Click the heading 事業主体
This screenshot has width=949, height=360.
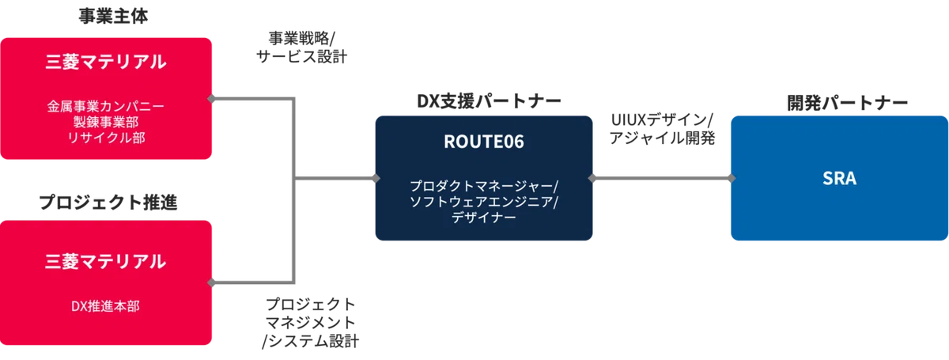point(113,16)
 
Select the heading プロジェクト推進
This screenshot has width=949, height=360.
point(108,203)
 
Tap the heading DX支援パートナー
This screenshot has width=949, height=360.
point(489,101)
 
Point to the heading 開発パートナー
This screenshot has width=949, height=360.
point(847,103)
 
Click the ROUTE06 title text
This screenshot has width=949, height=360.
point(484,142)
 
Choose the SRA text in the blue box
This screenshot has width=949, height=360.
point(839,178)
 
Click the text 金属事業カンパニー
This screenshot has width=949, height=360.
point(105,106)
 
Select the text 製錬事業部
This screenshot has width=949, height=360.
point(106,122)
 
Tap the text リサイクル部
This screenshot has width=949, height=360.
point(106,138)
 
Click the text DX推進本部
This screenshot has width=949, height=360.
point(105,306)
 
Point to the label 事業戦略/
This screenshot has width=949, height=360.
point(301,39)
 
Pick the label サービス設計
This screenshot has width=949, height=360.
point(301,56)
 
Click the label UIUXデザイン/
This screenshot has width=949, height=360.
point(662,120)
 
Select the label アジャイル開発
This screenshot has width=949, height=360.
point(662,138)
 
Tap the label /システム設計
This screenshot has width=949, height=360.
point(310,341)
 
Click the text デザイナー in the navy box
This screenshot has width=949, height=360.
point(484,217)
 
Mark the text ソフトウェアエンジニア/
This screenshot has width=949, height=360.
point(484,202)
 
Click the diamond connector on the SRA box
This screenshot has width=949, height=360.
point(732,178)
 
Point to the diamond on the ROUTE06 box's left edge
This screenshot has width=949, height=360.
point(376,178)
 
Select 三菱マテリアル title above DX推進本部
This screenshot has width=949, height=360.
point(105,261)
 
